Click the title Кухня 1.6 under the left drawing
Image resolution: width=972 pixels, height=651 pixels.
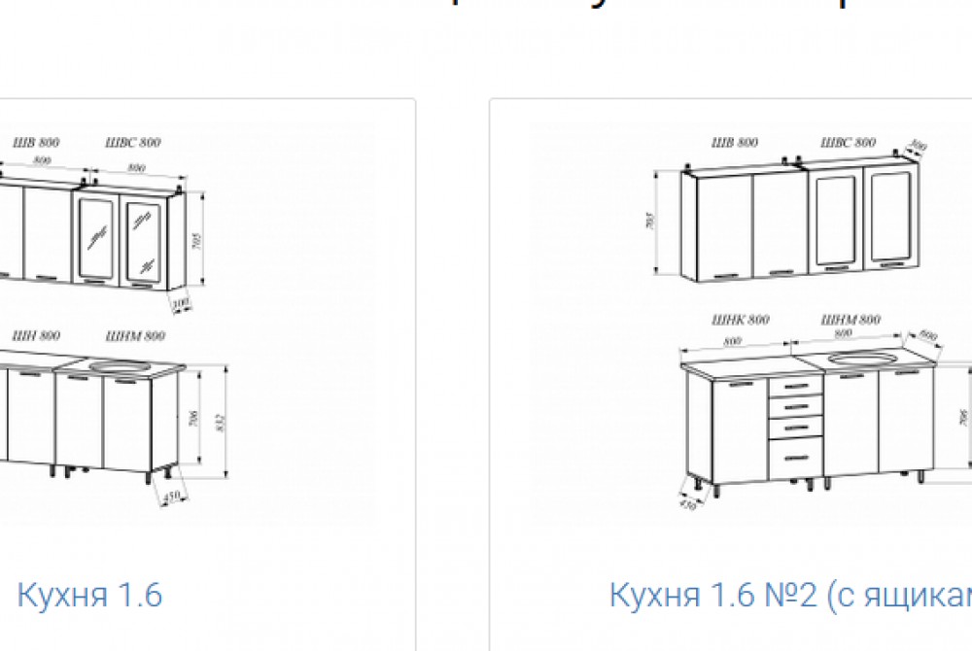[x=89, y=594]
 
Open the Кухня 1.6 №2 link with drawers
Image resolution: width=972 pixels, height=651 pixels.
[x=789, y=594]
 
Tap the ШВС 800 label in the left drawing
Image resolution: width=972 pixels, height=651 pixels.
[x=133, y=143]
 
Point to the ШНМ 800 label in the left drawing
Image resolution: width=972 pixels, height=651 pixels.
[x=138, y=336]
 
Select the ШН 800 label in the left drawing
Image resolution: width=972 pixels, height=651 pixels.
[x=36, y=335]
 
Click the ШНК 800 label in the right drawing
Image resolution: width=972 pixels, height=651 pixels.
[x=741, y=320]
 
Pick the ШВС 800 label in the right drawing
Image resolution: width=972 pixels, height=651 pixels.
[x=848, y=143]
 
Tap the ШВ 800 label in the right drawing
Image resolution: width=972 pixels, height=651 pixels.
[x=734, y=143]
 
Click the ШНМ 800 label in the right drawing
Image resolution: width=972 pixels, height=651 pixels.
[x=850, y=320]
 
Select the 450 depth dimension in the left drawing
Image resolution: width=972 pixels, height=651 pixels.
[x=172, y=497]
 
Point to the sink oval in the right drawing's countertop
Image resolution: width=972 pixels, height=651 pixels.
[x=864, y=359]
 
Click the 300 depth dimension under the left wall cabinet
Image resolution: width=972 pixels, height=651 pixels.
[x=179, y=306]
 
